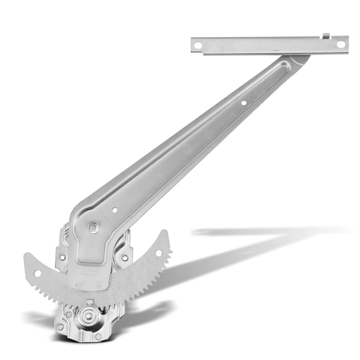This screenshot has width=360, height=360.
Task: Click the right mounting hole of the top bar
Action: (x=340, y=44)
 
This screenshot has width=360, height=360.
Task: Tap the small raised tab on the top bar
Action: (x=326, y=37)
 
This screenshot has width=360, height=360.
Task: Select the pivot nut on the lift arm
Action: (x=94, y=227)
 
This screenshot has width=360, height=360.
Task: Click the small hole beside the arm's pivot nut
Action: (x=115, y=211)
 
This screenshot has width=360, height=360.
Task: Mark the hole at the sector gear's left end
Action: (x=37, y=274)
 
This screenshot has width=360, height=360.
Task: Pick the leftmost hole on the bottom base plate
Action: (x=61, y=327)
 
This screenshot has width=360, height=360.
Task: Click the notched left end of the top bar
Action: (x=194, y=44)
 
